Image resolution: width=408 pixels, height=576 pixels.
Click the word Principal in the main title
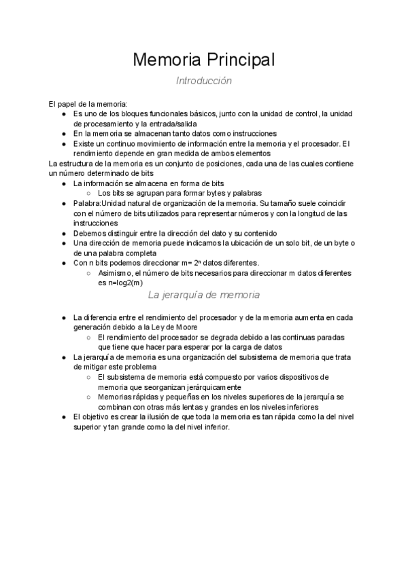click(x=237, y=60)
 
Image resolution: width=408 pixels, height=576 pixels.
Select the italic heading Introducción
click(x=204, y=81)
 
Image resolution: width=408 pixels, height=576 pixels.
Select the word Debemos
click(x=90, y=233)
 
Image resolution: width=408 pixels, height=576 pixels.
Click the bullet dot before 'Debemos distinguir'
click(x=63, y=233)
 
